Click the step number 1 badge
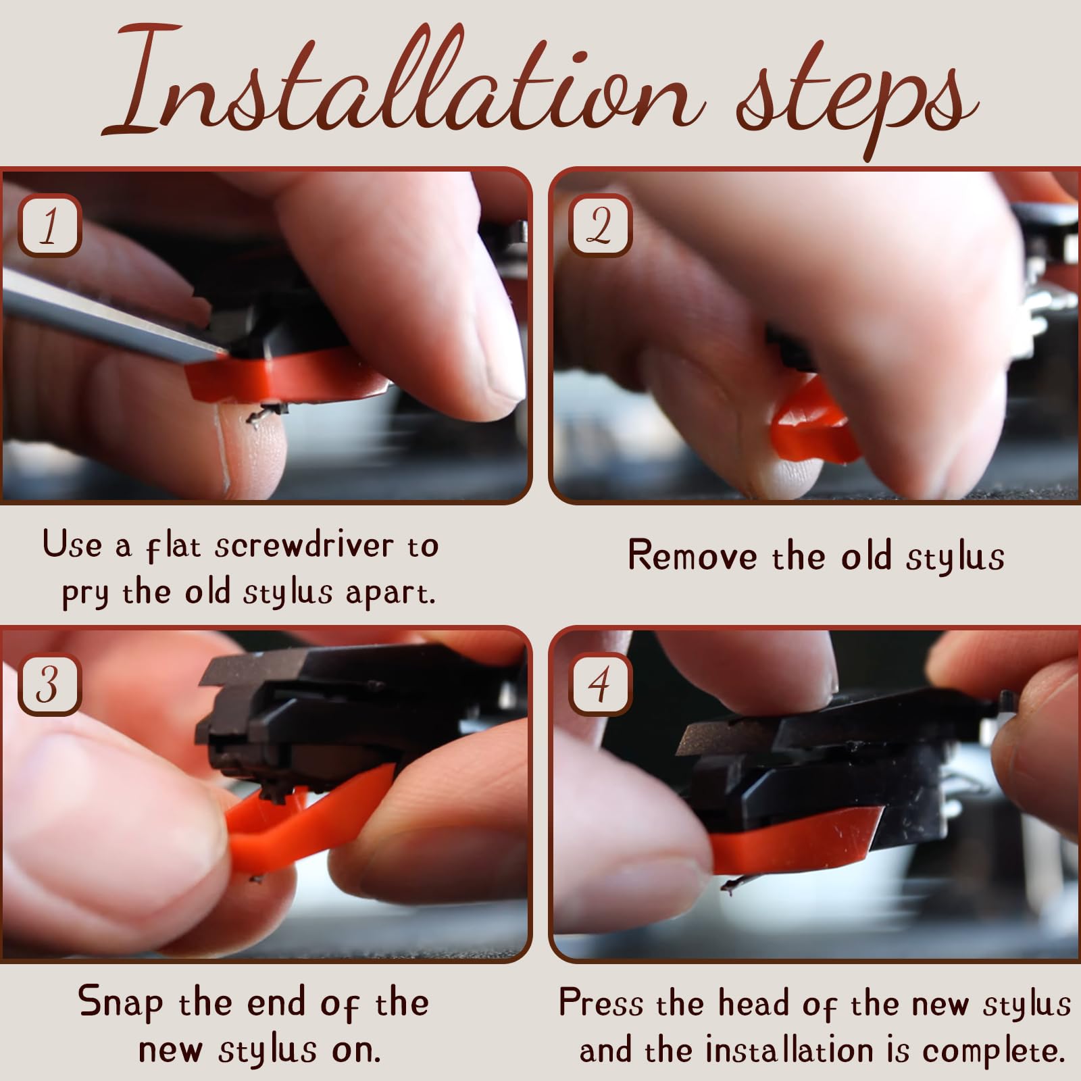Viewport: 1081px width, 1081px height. (49, 226)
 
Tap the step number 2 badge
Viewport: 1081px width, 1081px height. (599, 226)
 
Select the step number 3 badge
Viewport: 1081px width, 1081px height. (49, 684)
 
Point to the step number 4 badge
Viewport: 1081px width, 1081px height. (599, 684)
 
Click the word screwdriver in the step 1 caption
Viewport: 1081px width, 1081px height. (304, 546)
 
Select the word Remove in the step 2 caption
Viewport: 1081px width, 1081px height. (693, 556)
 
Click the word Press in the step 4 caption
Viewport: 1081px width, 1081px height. (601, 1003)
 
